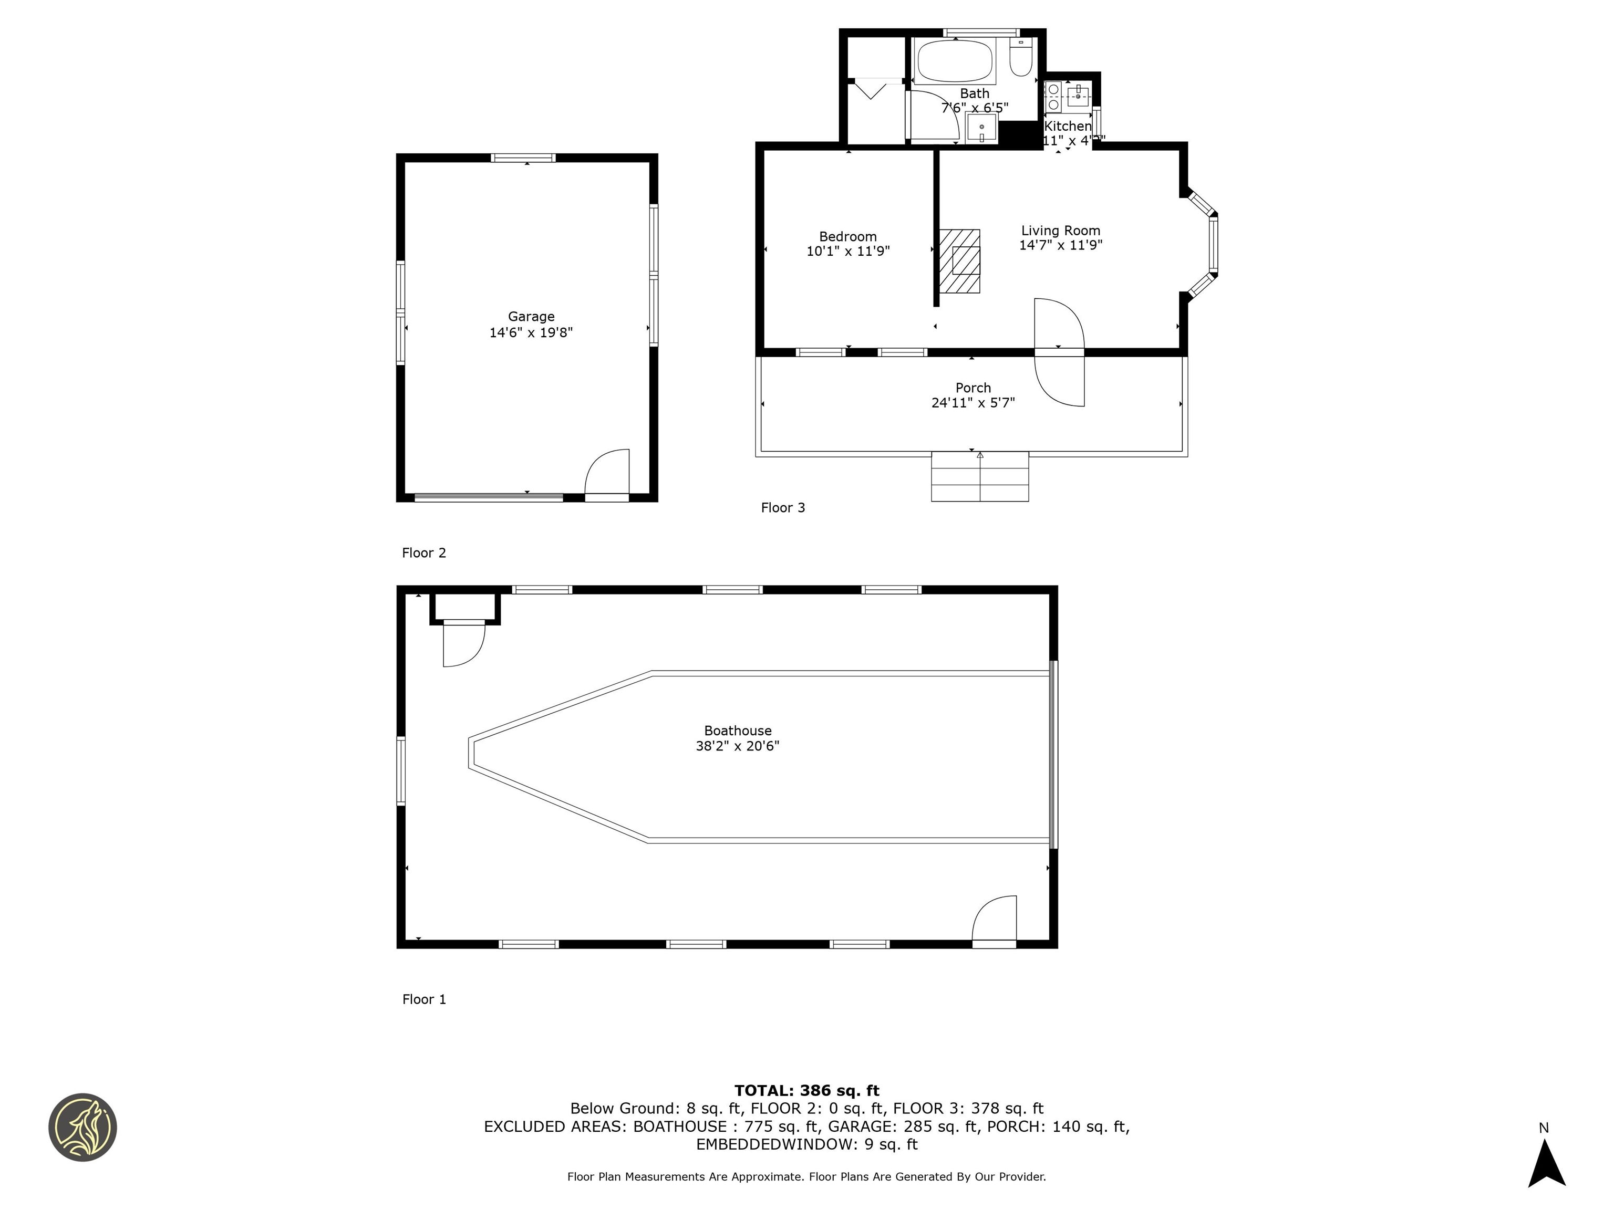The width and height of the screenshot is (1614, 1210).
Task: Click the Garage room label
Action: (x=531, y=317)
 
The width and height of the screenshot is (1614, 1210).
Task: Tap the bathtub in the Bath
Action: (x=955, y=61)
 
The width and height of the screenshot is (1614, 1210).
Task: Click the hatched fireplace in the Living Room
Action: (x=959, y=261)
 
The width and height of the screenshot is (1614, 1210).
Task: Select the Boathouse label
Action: (x=737, y=730)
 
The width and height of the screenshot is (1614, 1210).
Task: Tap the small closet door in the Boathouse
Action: (x=464, y=643)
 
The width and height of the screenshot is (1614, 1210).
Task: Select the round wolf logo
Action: (x=82, y=1127)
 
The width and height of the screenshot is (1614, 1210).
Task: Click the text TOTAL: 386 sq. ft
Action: (x=806, y=1090)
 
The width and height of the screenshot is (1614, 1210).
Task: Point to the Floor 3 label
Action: (x=782, y=508)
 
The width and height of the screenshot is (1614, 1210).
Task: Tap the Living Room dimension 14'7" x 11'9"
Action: (x=1060, y=245)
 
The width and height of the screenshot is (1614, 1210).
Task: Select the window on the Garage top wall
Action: (x=522, y=158)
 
